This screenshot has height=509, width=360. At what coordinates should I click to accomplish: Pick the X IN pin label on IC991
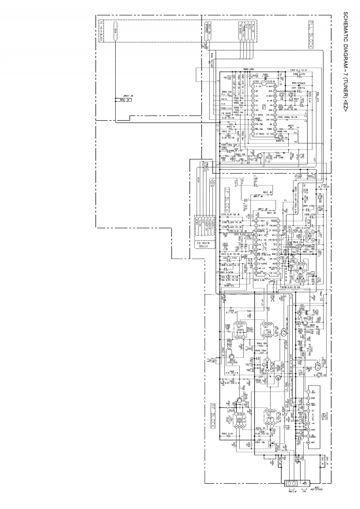pyautogui.click(x=259, y=86)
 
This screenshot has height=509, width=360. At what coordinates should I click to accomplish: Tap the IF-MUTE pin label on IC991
pyautogui.click(x=259, y=135)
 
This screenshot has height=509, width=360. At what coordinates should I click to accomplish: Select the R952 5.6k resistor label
pyautogui.click(x=227, y=434)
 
